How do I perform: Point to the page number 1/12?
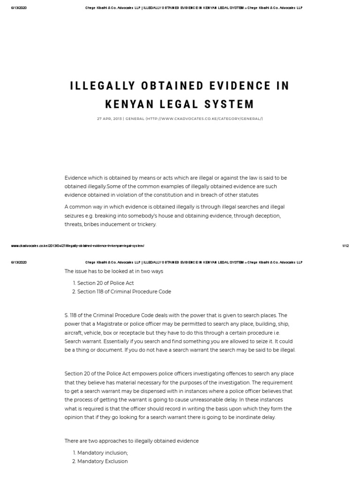[x=345, y=246]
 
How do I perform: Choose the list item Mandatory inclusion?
[x=102, y=453]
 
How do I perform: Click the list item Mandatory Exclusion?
[x=102, y=461]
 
